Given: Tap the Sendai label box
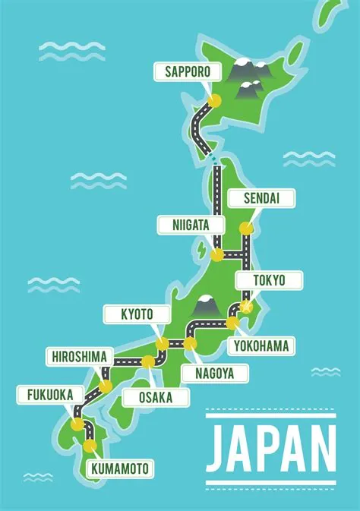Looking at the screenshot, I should (260, 199).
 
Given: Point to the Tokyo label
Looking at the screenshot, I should (269, 280).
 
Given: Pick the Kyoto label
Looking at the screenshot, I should (137, 314).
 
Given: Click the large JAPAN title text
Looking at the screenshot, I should (270, 448).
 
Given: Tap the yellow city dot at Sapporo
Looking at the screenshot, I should (215, 100).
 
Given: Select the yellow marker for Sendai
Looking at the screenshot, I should (245, 228).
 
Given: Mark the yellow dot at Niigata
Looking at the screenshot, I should (217, 255).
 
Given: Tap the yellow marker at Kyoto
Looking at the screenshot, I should (162, 344).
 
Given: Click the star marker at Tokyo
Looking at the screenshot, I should (245, 308).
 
